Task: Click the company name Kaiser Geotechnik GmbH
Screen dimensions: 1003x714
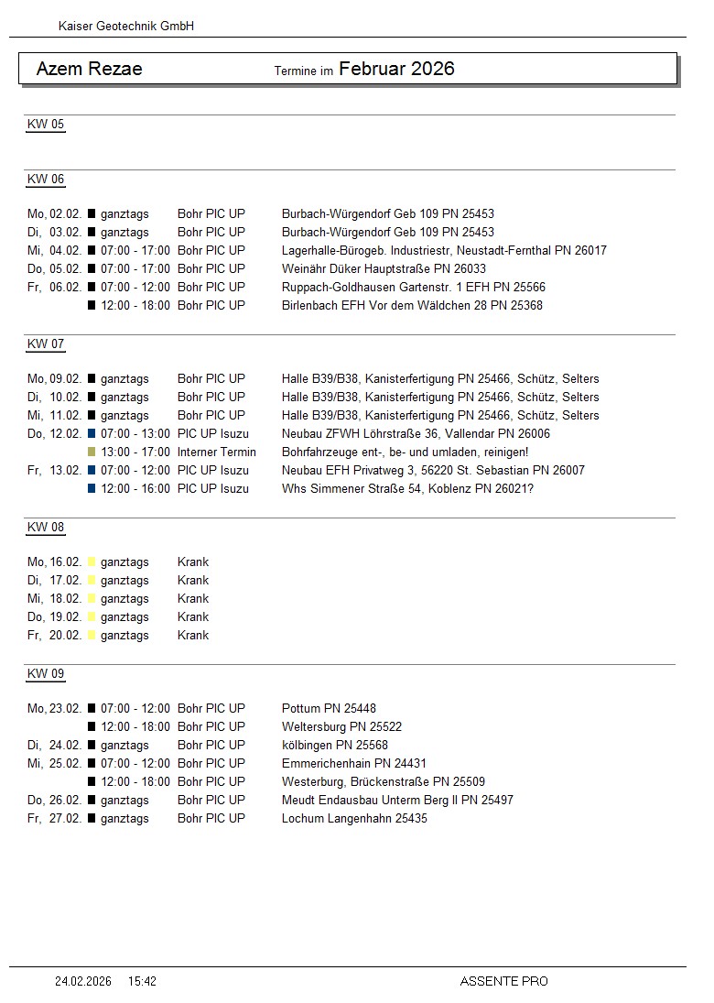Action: pos(126,27)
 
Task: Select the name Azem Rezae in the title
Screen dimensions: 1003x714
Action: pos(90,69)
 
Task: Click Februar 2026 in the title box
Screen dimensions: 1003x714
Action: pos(396,69)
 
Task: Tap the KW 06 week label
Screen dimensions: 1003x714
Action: pos(46,180)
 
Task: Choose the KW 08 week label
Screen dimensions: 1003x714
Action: pos(46,528)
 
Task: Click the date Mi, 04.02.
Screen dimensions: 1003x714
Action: pos(55,250)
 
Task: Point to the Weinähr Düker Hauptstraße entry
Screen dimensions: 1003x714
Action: pos(384,268)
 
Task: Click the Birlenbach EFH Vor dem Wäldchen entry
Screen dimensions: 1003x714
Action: pos(412,305)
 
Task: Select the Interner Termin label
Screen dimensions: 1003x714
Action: pos(217,452)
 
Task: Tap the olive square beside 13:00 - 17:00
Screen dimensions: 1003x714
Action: pos(92,452)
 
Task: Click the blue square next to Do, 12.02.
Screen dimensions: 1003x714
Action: pos(92,433)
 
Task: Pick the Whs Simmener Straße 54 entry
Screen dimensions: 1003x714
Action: pos(407,488)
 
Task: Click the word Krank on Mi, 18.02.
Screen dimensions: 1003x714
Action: pos(193,598)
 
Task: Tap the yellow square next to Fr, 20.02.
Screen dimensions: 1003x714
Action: pos(92,635)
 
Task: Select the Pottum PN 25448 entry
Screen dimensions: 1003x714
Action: pos(329,708)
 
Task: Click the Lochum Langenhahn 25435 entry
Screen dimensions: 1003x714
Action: pos(354,818)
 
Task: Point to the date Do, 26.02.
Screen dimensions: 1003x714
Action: pos(55,800)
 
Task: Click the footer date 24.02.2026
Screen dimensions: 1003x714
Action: pos(83,981)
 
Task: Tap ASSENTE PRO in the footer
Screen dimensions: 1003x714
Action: pos(503,981)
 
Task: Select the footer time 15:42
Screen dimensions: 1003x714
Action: pos(142,981)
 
